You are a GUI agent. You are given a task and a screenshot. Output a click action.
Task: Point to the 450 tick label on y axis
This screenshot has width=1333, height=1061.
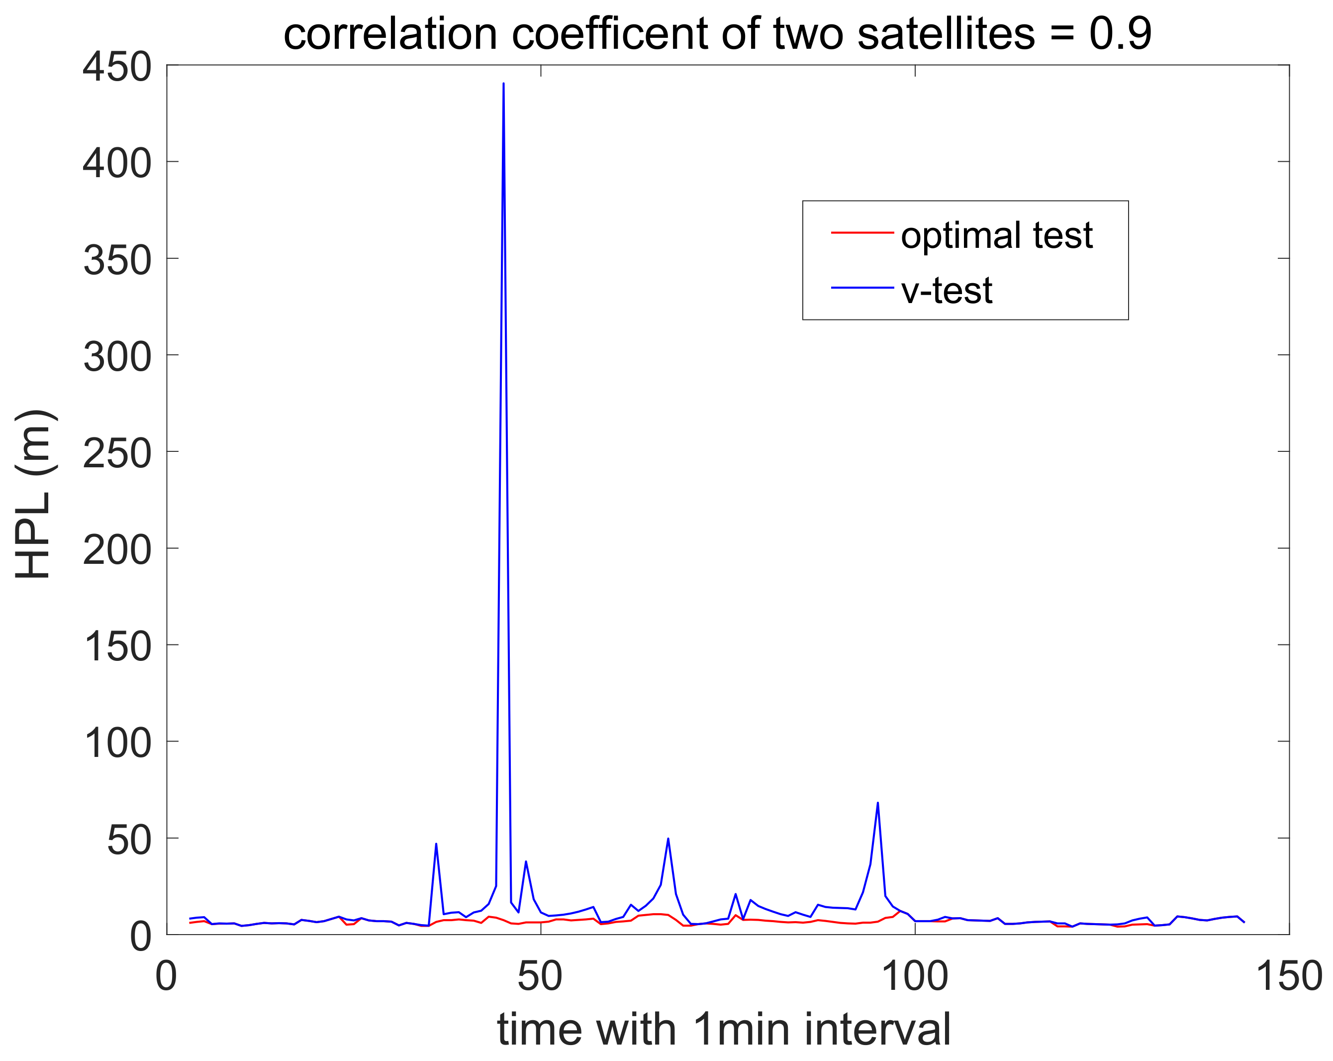(117, 67)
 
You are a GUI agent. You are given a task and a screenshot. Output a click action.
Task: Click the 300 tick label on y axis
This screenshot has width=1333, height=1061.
(117, 357)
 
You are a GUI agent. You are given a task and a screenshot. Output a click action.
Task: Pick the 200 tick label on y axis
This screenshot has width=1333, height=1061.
(117, 550)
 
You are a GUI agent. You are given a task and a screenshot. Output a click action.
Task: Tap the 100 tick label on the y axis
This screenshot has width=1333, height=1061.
(117, 743)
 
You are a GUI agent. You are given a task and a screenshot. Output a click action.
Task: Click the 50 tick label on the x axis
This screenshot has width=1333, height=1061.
(540, 976)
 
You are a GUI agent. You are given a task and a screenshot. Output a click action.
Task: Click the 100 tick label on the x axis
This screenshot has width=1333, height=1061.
(914, 976)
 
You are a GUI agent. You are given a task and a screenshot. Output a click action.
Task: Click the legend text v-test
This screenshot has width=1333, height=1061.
(947, 290)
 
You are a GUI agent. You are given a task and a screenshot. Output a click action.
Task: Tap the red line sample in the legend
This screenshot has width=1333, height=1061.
(862, 232)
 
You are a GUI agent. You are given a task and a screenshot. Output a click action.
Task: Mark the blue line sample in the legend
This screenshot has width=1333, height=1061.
(862, 288)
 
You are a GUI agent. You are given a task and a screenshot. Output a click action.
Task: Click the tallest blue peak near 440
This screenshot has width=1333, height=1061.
(503, 84)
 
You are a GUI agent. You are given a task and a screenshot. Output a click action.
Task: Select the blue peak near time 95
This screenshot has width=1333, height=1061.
(877, 803)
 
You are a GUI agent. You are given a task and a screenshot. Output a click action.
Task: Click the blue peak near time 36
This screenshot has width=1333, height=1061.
(436, 844)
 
